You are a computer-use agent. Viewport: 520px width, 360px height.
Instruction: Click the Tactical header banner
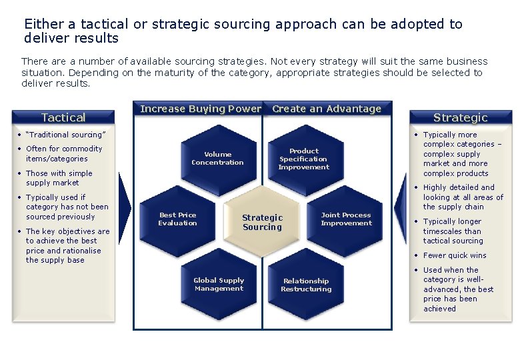[63, 117]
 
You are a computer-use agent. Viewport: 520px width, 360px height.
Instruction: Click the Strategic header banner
[460, 117]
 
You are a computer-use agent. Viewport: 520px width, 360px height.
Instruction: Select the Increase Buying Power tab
[200, 109]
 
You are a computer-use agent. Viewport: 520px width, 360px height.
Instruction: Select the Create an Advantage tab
[327, 109]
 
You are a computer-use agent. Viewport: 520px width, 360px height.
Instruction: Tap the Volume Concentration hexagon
[217, 159]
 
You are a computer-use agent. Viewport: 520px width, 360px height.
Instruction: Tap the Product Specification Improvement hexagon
[304, 159]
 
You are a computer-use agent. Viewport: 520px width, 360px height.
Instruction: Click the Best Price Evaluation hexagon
[177, 219]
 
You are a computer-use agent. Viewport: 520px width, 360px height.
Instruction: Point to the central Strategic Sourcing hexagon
[262, 222]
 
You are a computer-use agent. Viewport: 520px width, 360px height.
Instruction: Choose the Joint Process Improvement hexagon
[345, 219]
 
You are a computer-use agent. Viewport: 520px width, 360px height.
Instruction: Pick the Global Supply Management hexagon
[219, 285]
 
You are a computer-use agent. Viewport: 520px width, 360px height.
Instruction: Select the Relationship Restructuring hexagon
[306, 285]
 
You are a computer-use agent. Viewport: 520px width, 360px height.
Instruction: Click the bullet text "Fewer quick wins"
[455, 255]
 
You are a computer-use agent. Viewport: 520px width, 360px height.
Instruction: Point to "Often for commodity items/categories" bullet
[64, 153]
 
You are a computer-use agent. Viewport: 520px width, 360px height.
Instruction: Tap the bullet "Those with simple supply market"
[59, 178]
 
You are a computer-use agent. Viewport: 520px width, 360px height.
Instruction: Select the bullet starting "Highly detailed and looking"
[463, 197]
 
